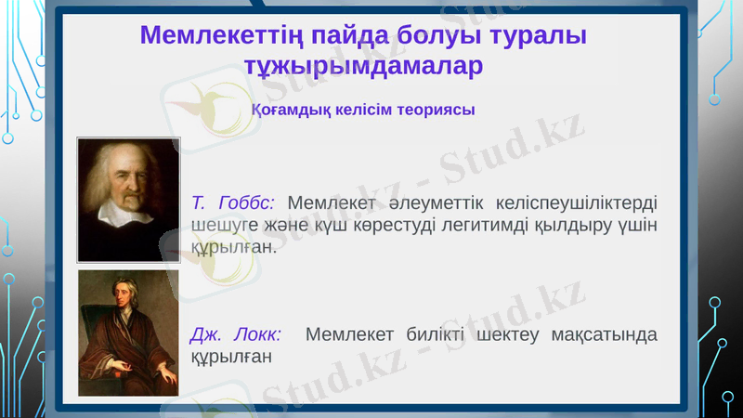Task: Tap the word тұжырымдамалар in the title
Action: pyautogui.click(x=363, y=67)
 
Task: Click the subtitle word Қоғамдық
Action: pyautogui.click(x=286, y=110)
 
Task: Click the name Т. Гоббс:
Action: pyautogui.click(x=232, y=202)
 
